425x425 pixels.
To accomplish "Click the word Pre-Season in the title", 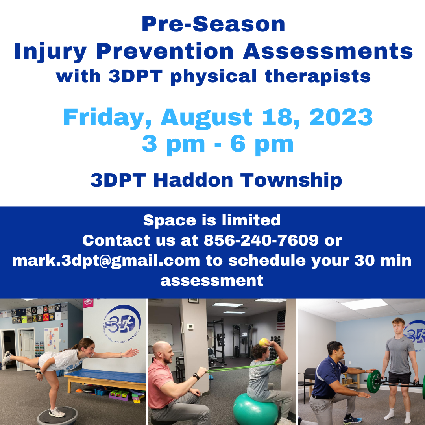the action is click(213, 24).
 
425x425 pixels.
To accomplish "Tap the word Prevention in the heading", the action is click(165, 51).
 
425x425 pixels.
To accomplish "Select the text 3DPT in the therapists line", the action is click(135, 76).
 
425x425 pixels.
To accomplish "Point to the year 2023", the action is click(341, 117).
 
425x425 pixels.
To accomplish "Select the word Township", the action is click(291, 181).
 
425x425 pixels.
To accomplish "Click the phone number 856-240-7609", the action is click(261, 240).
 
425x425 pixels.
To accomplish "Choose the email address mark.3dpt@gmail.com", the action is click(106, 261).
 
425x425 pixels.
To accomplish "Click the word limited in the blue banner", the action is click(251, 220).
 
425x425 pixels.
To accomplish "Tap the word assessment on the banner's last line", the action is click(212, 281).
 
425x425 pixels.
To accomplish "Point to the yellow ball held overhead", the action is click(263, 342).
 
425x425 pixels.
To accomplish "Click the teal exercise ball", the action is click(255, 409).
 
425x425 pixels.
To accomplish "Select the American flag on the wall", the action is click(281, 320).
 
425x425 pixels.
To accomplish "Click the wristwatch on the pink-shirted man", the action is click(196, 377).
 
